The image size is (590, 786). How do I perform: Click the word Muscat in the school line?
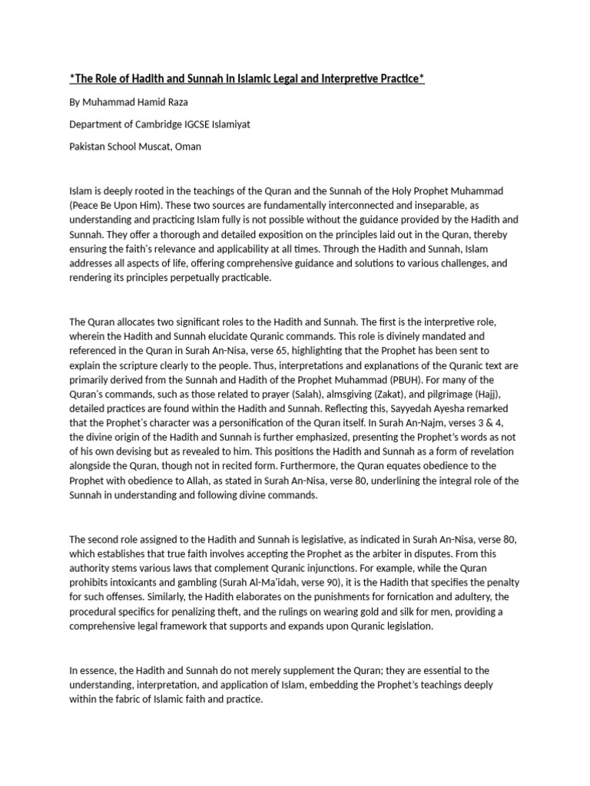154,147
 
